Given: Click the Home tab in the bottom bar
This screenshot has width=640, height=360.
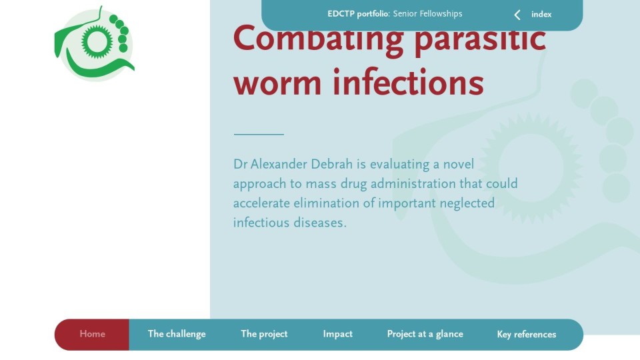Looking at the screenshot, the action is (92, 334).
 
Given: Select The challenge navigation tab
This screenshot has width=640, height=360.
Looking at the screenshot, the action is (177, 334).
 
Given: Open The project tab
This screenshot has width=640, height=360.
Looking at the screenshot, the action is (264, 334).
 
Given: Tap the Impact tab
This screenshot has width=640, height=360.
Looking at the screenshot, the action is (337, 334).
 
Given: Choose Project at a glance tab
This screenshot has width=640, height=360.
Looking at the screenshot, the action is (425, 334).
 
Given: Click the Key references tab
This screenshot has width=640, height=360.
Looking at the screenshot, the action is (527, 334).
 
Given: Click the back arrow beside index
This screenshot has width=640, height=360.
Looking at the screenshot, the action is (517, 15).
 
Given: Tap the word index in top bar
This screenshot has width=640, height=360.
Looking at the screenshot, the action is (541, 14).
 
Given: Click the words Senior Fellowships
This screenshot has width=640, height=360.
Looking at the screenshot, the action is (427, 14).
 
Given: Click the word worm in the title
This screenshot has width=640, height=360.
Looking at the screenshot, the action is (277, 83).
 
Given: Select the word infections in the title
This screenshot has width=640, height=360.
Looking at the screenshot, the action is (409, 82).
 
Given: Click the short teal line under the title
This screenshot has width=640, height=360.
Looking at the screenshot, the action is (259, 134).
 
